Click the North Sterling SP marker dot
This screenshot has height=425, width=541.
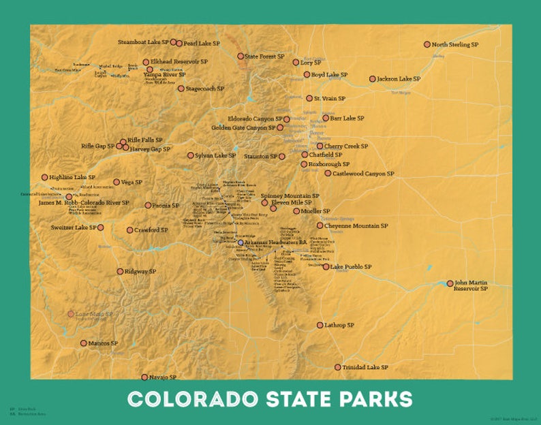coord(427,44)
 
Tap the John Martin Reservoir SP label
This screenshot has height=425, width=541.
coord(471,285)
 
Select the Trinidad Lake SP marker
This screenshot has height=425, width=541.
coord(337,367)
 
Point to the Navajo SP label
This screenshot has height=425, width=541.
coord(162,377)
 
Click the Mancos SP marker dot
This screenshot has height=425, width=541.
coord(84,343)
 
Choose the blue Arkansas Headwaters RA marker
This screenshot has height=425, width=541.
coord(240,242)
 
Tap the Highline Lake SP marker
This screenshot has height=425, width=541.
coord(45,177)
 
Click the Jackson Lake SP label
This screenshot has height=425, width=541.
coord(399,79)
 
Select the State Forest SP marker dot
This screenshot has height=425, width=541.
coord(241,56)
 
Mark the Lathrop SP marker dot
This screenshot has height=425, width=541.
coord(320,326)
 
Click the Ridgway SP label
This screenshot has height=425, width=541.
coord(140,271)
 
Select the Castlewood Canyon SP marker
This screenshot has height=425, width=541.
coord(328,173)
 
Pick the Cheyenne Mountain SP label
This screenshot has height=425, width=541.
coord(356,225)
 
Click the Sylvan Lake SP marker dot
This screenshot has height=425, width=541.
coord(191,155)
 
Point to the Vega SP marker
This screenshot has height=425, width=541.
coord(117,182)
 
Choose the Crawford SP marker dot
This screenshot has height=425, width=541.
coord(130,230)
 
